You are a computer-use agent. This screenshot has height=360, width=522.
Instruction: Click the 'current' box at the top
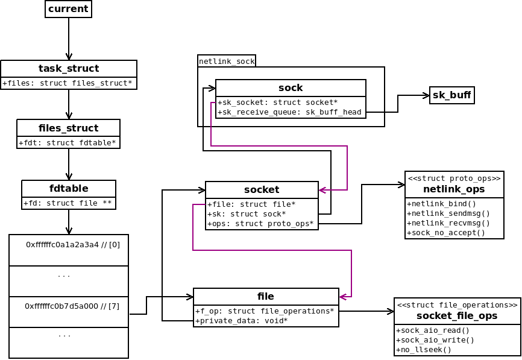coord(68,9)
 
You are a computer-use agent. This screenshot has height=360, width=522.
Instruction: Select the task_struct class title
coord(69,69)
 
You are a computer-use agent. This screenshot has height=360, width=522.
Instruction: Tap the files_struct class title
coord(68,128)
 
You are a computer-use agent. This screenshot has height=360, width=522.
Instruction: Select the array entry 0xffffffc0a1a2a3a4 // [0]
coord(73,245)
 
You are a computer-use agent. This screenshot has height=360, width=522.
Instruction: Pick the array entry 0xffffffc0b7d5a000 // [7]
coord(72,306)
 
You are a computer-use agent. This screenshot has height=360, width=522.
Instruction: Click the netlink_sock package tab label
coord(227,62)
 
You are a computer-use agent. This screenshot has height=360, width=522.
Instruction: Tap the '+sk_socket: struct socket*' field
coord(277,103)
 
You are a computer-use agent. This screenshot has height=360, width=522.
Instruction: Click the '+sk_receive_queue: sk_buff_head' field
coord(289,112)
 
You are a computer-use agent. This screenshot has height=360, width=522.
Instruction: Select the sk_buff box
coord(451,95)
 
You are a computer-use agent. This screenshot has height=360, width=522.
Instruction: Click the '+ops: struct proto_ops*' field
coord(260,224)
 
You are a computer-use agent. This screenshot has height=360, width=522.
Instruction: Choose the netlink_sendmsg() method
coord(448,213)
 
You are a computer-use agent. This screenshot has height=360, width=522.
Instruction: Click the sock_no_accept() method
coord(446,232)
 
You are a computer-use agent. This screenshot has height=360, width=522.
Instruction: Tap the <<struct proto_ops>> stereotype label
coord(454,178)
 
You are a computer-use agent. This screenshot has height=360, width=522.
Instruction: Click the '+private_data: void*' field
coord(241,320)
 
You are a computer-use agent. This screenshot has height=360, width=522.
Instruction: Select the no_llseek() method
coord(424,349)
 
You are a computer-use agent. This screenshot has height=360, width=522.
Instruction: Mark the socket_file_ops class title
coord(457,316)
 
